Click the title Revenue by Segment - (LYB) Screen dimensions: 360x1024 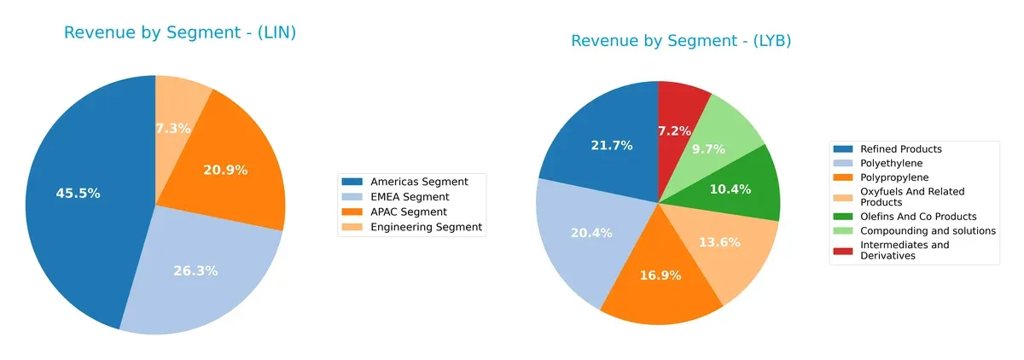[680, 41]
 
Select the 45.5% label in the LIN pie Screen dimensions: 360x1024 [78, 194]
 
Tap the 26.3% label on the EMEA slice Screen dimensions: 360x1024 [195, 270]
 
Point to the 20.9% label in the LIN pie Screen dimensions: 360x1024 [225, 170]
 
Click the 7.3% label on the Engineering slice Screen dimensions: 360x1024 [172, 128]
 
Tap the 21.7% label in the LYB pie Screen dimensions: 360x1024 [612, 146]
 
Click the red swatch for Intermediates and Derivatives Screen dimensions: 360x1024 [846, 246]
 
